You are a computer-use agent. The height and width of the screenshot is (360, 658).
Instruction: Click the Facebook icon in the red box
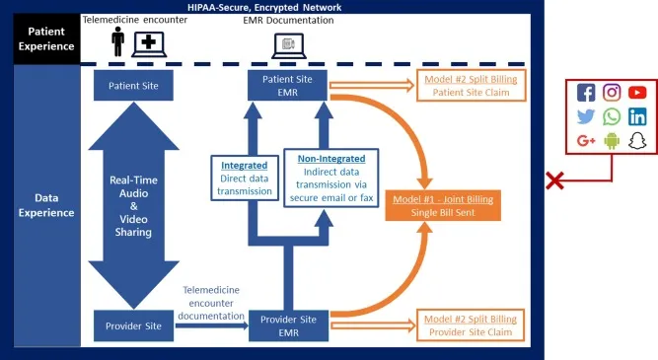coord(586,93)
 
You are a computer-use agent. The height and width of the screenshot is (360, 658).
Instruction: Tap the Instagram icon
coord(612,93)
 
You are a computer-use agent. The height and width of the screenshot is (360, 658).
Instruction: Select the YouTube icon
coord(637,93)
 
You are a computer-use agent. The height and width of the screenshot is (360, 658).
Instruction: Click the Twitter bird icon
coord(586,116)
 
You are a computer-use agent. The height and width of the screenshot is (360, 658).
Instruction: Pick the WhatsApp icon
coord(612,116)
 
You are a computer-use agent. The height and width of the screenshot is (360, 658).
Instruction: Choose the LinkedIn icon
coord(637,116)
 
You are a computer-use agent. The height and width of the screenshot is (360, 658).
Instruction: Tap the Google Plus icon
coord(586,140)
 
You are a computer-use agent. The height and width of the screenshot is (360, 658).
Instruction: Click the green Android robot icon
coord(612,140)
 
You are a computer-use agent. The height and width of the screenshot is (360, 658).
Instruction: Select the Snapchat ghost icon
coord(637,140)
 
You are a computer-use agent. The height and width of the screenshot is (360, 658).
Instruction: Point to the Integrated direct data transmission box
coord(244,178)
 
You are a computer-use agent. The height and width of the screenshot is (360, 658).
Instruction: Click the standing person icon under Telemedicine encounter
coord(118,41)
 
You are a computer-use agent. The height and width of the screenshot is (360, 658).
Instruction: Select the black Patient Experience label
coord(39,37)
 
